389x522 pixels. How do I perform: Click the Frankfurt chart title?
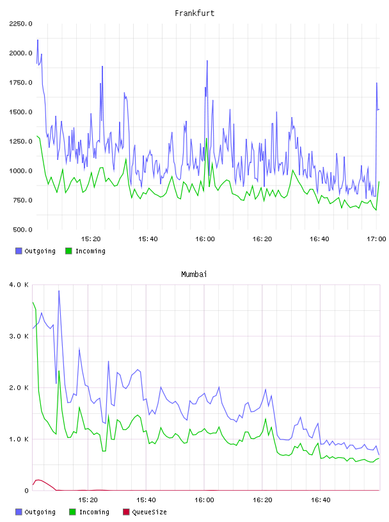tap(194, 13)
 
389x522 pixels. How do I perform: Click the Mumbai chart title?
tap(194, 274)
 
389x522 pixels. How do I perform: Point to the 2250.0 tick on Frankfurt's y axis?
tap(20, 24)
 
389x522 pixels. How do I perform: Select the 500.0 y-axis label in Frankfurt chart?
tap(22, 230)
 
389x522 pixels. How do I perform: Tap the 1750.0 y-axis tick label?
tap(20, 83)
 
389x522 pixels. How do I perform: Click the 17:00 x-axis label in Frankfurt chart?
tap(376, 239)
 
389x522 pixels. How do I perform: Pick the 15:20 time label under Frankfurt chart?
tap(91, 239)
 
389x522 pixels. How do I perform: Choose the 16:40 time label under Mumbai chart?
tap(321, 500)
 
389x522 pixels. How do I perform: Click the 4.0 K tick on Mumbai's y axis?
tap(19, 285)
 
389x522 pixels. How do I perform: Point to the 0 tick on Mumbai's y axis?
tap(27, 491)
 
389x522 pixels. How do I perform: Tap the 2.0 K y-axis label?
tap(19, 388)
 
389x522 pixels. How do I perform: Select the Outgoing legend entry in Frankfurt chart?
tap(36, 251)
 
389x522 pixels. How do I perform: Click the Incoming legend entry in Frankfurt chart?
tap(86, 251)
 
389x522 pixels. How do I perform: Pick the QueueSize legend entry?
tap(145, 512)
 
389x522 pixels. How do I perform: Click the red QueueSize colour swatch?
tap(126, 512)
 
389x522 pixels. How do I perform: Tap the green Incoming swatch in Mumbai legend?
tap(72, 512)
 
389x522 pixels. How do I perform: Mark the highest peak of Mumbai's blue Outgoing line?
tap(59, 290)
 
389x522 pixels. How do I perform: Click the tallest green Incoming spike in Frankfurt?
tap(207, 138)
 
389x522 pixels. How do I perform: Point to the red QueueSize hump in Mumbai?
tap(39, 480)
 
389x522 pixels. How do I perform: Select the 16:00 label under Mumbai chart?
tap(204, 500)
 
